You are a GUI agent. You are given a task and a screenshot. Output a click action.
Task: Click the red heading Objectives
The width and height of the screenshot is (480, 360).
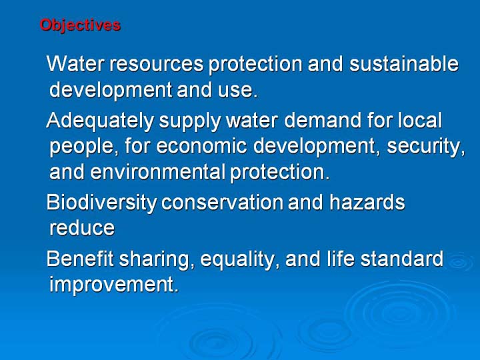click(x=80, y=25)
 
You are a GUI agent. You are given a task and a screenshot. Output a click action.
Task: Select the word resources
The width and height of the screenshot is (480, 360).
click(x=156, y=64)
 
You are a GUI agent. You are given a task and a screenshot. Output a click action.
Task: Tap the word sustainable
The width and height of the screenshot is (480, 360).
click(x=404, y=63)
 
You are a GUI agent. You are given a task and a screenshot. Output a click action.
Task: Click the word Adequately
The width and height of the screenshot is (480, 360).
click(x=100, y=121)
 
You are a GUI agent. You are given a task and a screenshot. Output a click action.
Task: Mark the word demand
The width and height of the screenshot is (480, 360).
click(x=323, y=120)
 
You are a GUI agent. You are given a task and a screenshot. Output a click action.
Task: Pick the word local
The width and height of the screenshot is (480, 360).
click(x=420, y=120)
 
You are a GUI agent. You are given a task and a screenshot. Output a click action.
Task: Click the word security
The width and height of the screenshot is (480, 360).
click(x=426, y=147)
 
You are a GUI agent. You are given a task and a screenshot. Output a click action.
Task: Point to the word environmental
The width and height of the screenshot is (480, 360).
click(x=157, y=172)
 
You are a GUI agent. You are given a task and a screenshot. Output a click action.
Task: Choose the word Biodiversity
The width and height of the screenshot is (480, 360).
click(x=101, y=203)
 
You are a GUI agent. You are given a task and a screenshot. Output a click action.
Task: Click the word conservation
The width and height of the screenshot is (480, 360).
click(x=222, y=203)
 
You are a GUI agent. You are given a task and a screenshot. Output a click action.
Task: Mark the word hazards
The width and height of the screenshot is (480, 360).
click(x=367, y=202)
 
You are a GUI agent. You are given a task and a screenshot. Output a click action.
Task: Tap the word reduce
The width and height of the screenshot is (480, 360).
click(x=82, y=228)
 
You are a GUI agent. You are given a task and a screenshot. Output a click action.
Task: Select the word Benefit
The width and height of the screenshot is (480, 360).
click(x=80, y=259)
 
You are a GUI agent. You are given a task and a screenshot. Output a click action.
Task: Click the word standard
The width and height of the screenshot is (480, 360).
click(x=401, y=259)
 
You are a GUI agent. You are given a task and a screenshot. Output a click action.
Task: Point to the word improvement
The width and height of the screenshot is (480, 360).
click(x=113, y=285)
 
